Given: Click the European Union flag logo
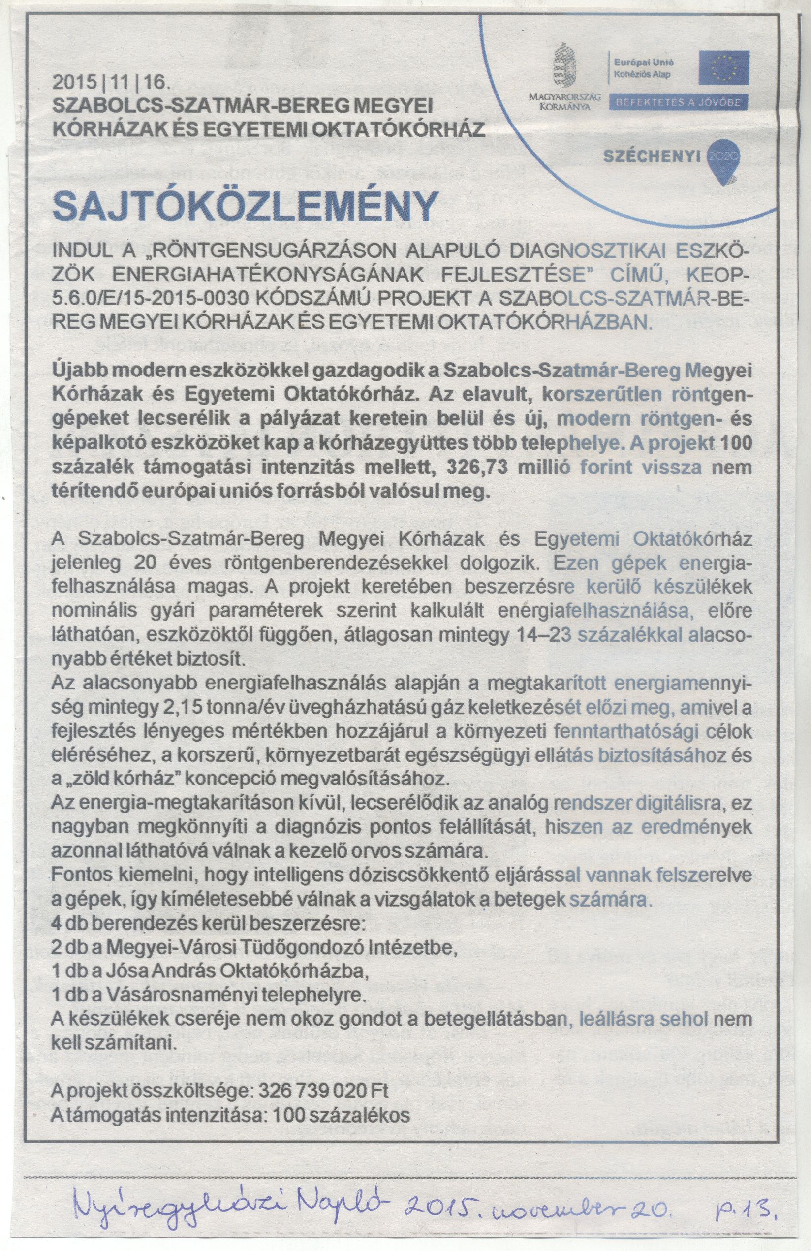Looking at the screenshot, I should click(x=723, y=68).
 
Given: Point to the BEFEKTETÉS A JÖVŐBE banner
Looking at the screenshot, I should click(x=678, y=102).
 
